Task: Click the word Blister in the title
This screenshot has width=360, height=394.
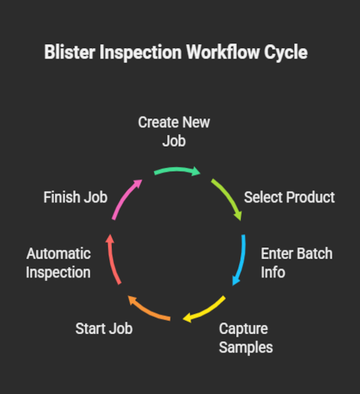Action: [x=70, y=52]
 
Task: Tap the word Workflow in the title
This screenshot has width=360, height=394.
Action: [x=222, y=52]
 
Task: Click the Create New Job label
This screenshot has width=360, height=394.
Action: [x=174, y=132]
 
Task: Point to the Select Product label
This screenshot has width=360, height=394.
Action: [x=290, y=197]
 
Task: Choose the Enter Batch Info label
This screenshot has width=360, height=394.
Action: [x=297, y=263]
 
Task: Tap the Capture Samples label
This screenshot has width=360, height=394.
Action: [x=246, y=338]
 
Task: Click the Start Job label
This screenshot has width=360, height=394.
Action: [x=104, y=329]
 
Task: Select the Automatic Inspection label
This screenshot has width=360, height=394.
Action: [x=59, y=263]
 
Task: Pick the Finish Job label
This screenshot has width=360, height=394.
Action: [x=76, y=197]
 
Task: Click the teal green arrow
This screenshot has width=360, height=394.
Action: [x=177, y=170]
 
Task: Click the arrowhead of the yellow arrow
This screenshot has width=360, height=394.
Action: [x=188, y=318]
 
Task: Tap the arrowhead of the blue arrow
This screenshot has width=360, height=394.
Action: [x=236, y=280]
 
